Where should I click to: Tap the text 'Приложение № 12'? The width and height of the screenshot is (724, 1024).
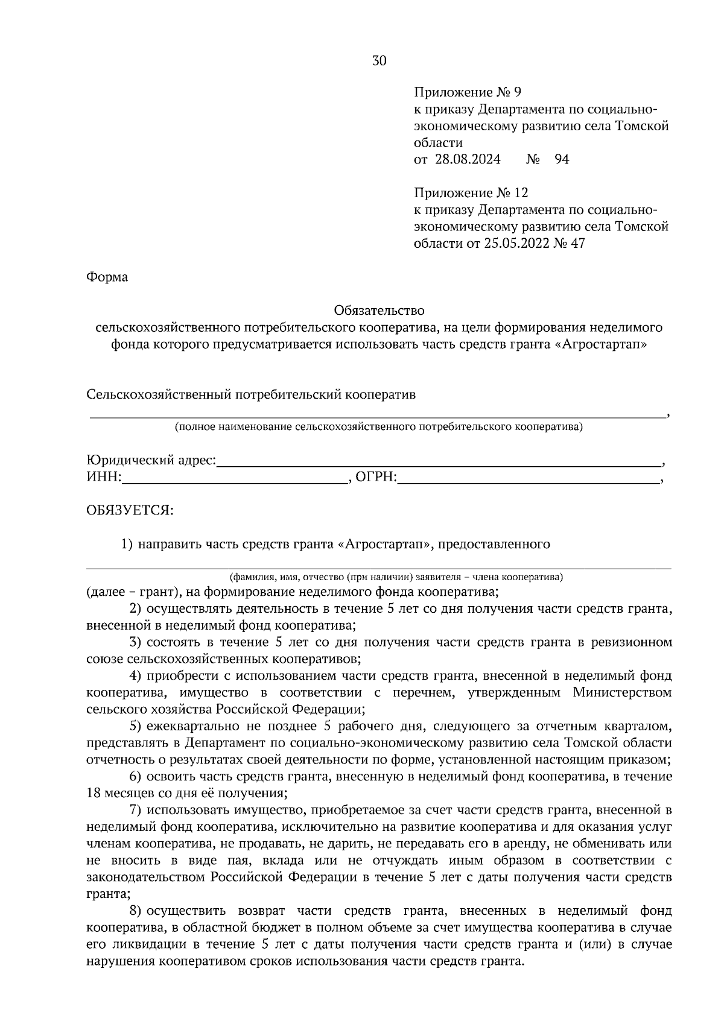pos(471,193)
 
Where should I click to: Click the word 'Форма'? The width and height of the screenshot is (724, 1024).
pos(107,278)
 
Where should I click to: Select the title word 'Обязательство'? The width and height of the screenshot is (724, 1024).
pos(379,311)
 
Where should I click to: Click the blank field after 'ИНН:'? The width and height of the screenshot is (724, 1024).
pos(235,479)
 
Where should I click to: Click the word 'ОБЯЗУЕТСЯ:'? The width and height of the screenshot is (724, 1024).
pos(130,511)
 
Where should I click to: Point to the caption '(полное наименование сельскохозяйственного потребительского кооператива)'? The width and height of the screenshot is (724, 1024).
pos(379,428)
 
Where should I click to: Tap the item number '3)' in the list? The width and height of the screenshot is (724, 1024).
pos(136,642)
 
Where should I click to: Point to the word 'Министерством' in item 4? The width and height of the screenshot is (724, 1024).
pos(622,693)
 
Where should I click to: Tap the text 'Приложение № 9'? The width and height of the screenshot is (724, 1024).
pos(467,93)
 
